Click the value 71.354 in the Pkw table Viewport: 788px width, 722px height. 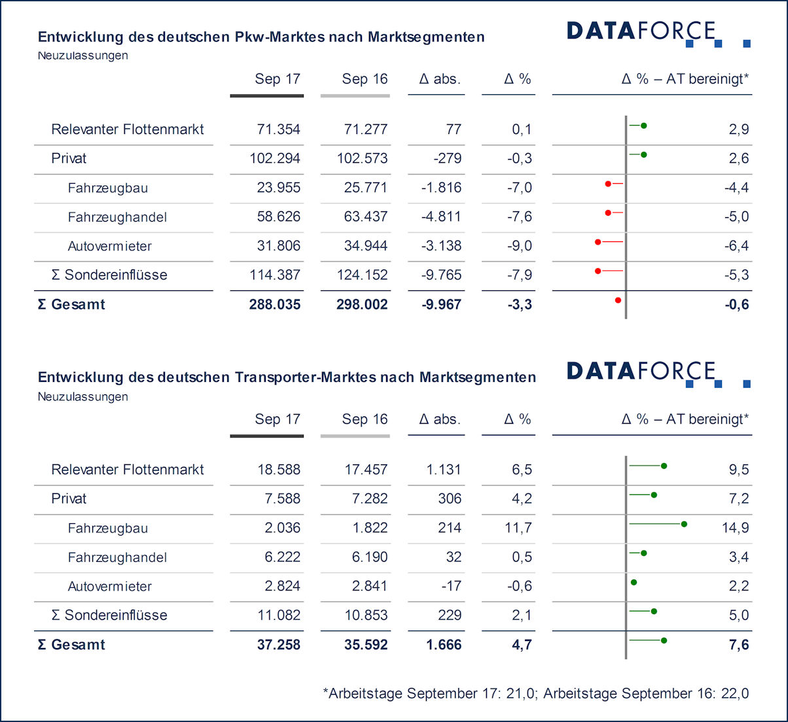(278, 129)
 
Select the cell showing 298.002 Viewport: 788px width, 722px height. (365, 304)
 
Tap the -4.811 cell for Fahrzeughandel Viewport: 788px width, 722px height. (441, 216)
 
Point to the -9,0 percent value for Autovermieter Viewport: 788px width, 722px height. (519, 246)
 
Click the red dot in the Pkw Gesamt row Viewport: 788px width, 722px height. (618, 300)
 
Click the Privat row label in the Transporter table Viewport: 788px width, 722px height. (69, 498)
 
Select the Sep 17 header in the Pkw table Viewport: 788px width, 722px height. (278, 79)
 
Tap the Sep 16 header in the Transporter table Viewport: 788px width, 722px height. (365, 419)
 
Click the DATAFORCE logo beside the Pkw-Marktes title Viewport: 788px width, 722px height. (657, 33)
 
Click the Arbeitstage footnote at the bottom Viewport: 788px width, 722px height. (535, 693)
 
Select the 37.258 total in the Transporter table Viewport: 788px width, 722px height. (278, 645)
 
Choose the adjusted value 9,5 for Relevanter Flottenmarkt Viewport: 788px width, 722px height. (738, 470)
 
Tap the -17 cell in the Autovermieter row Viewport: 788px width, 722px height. (451, 586)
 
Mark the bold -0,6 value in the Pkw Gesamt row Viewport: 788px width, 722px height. (736, 304)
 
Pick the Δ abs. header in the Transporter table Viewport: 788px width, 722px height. (440, 419)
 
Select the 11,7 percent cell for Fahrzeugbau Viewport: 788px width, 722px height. (518, 528)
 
